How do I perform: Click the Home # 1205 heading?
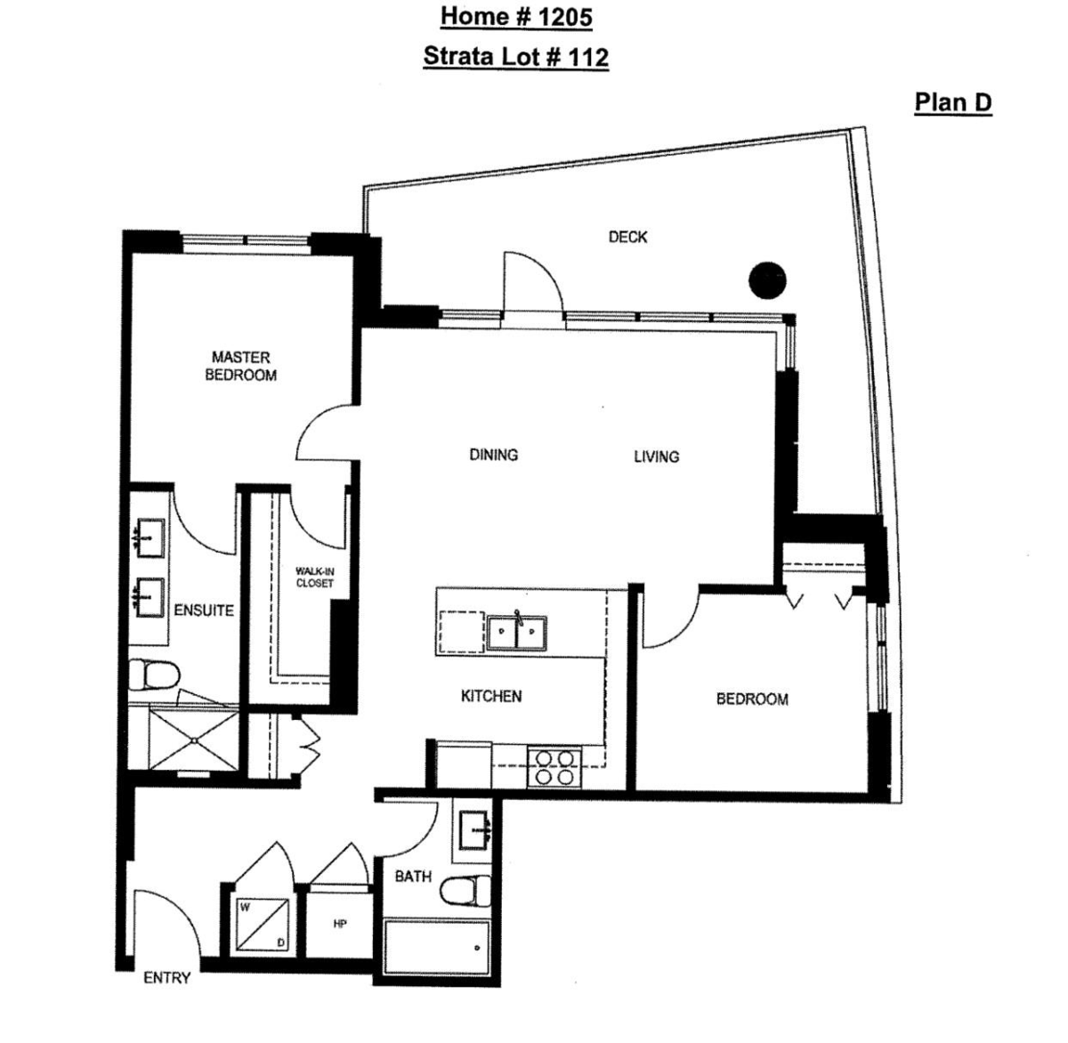tap(515, 17)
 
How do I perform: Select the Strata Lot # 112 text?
tap(515, 57)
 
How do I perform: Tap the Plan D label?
tap(952, 102)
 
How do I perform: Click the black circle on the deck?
tap(767, 280)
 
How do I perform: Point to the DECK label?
tap(627, 237)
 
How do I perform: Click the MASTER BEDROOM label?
tap(240, 366)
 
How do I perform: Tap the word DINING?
tap(493, 455)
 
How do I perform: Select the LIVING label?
tap(656, 457)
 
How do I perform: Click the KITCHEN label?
tap(491, 696)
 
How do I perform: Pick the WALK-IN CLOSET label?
tap(314, 578)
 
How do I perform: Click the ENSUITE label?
tap(204, 610)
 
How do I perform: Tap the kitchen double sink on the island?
tap(517, 633)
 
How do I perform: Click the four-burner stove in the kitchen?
tap(554, 766)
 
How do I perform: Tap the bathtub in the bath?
tap(436, 950)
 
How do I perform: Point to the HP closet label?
tap(339, 925)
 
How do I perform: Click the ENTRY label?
tap(166, 978)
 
